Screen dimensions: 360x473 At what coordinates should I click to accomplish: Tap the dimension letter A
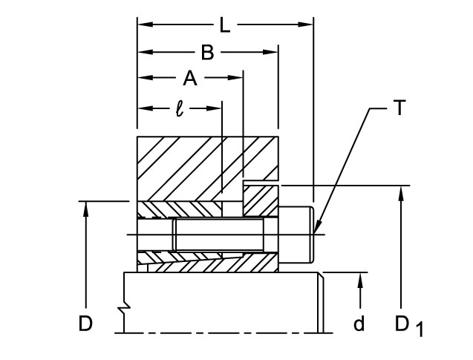pyautogui.click(x=190, y=78)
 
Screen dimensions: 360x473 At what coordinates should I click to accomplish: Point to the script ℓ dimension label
pyautogui.click(x=179, y=108)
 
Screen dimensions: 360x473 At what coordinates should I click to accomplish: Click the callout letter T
pyautogui.click(x=399, y=108)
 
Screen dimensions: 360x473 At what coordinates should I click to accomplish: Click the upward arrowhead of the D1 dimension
pyautogui.click(x=402, y=190)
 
